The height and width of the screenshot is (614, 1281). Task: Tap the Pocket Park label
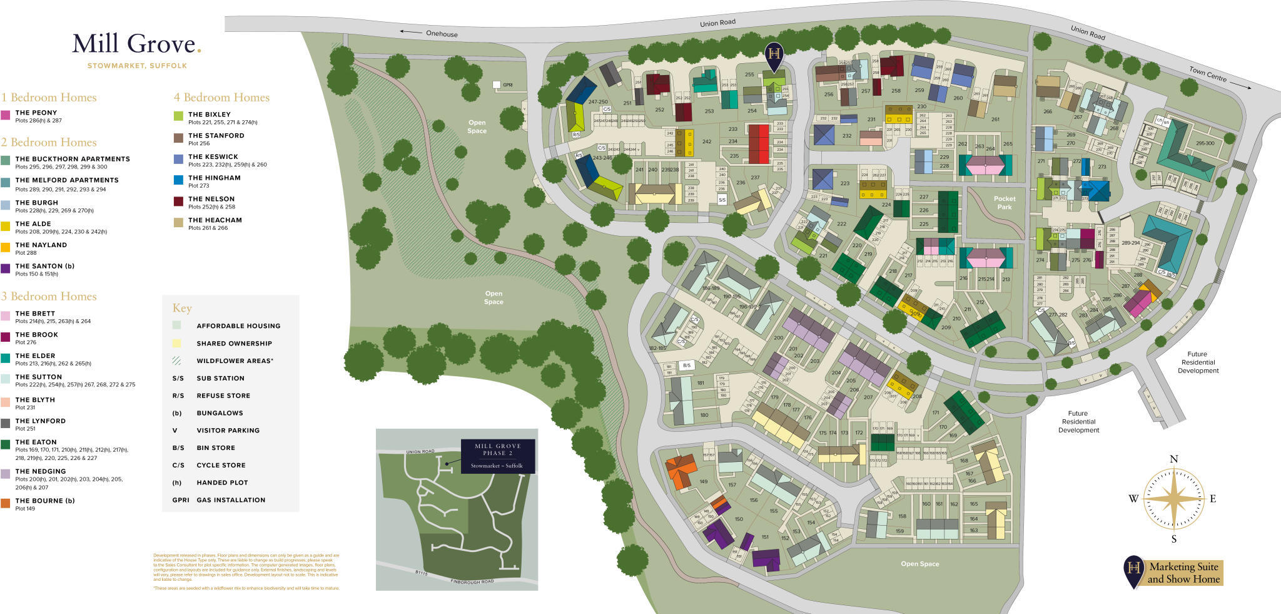[1004, 203]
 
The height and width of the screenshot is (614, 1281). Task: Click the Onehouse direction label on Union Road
[442, 34]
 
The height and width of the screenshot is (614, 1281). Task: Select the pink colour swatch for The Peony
[6, 115]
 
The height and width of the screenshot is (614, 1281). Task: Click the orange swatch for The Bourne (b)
[6, 503]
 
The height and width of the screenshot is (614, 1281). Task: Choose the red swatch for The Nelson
[178, 202]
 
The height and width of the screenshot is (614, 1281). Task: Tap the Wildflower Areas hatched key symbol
[177, 361]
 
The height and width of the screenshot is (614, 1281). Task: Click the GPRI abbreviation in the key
[180, 500]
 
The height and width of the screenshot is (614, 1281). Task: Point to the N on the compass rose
[1173, 459]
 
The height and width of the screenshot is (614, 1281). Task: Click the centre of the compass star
[1174, 499]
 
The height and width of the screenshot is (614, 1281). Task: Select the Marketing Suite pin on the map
[774, 55]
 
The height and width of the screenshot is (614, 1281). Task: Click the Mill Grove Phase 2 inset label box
[498, 456]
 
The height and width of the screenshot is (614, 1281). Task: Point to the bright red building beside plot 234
[759, 144]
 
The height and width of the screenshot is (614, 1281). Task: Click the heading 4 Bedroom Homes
[221, 98]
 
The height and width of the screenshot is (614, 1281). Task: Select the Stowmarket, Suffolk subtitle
[137, 66]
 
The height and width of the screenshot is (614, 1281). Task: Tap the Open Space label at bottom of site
[919, 564]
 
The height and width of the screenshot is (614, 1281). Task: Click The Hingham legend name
[214, 178]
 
